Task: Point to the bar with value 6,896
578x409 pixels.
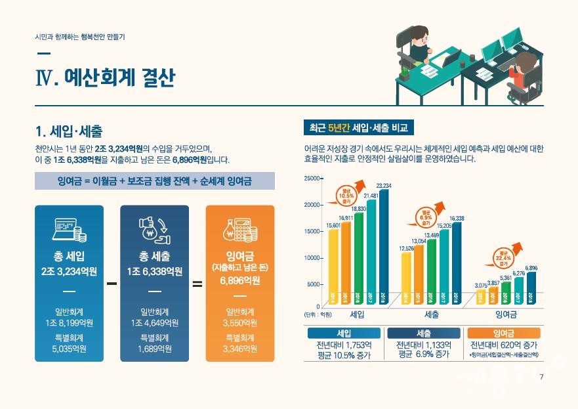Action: [x=531, y=289]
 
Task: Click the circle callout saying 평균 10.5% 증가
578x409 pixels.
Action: [x=346, y=195]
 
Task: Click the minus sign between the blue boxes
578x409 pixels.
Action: [x=112, y=284]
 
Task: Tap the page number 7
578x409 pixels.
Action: [x=541, y=377]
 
